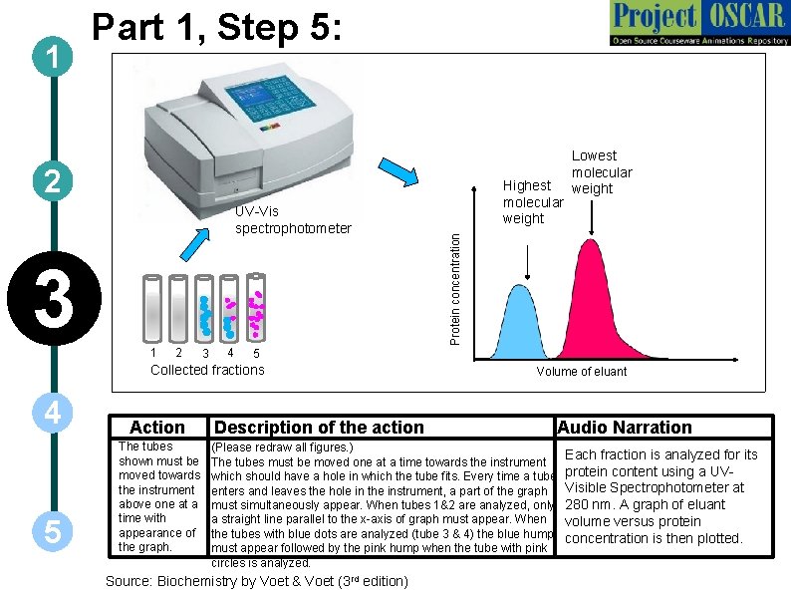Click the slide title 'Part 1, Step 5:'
pos(218,27)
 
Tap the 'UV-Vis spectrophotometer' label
pos(293,219)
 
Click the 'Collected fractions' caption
pos(207,370)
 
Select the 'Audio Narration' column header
pos(625,428)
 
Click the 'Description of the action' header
pos(319,428)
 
